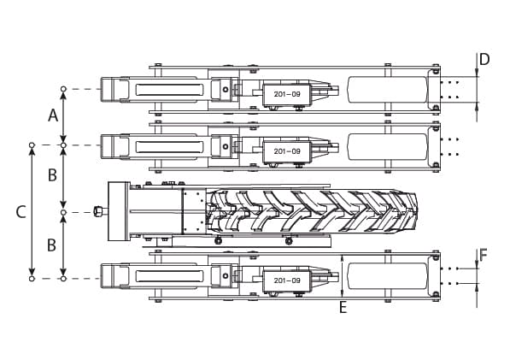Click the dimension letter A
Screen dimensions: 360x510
point(53,115)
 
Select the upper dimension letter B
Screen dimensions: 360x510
point(52,175)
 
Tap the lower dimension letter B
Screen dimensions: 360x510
point(52,245)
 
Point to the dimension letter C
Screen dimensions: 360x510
point(21,210)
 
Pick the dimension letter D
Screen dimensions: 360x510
point(484,60)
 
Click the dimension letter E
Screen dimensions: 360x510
point(343,308)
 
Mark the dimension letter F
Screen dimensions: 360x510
point(484,255)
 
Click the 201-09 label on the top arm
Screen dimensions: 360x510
point(286,93)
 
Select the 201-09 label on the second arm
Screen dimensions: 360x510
point(286,151)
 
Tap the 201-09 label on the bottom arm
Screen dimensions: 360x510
point(286,280)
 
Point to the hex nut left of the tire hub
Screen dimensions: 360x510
point(99,211)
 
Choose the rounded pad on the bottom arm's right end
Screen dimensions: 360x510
point(387,276)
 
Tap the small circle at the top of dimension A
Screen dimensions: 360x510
point(63,89)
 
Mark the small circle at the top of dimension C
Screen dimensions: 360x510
point(32,145)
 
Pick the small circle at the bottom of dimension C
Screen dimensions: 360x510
point(32,278)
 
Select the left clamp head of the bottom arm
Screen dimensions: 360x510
point(114,276)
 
